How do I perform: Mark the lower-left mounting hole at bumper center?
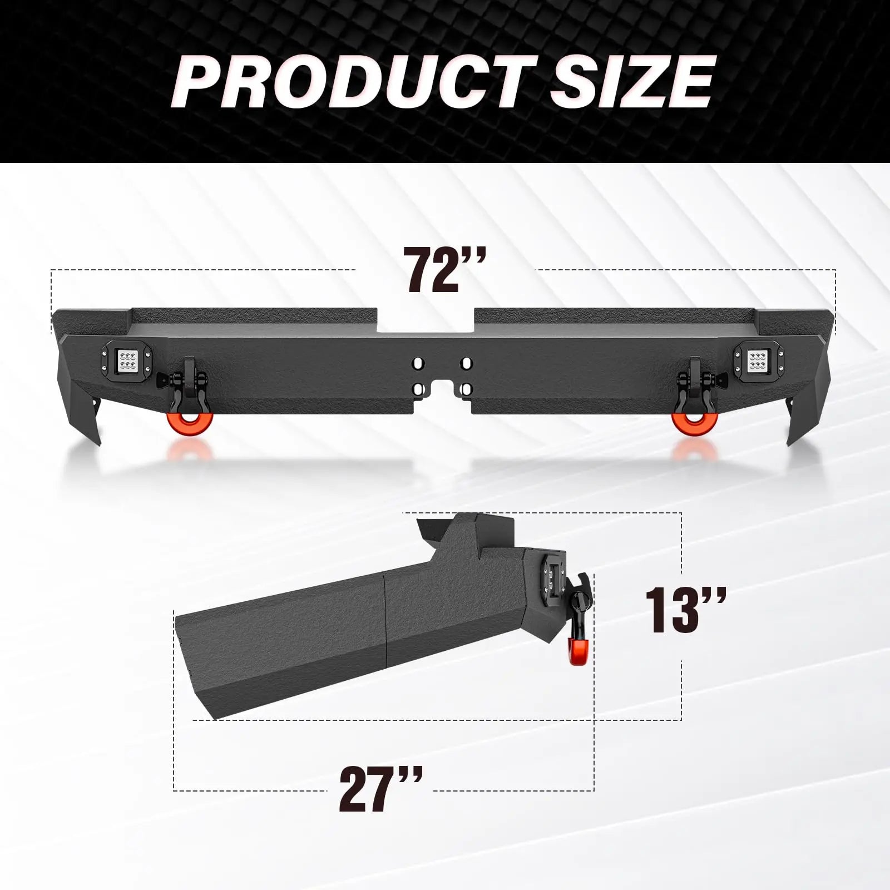(x=417, y=388)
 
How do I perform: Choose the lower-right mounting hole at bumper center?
(x=466, y=388)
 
